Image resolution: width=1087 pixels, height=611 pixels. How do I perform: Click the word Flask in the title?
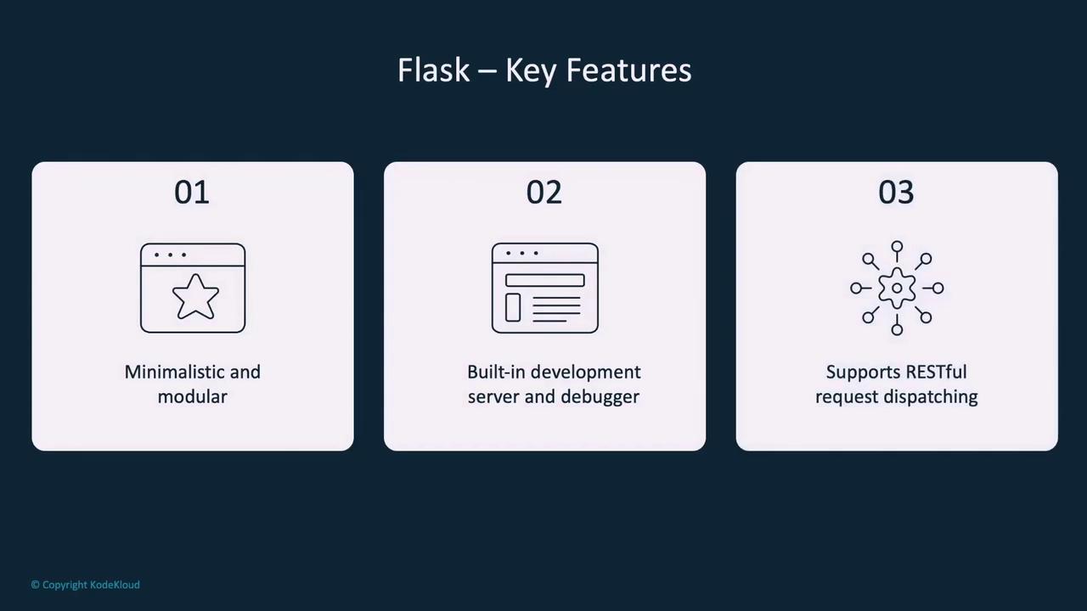tap(433, 70)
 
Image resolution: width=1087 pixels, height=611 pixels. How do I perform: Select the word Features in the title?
tap(628, 70)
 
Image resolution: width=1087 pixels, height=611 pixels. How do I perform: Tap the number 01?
tap(192, 193)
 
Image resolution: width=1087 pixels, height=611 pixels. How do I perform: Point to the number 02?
tap(544, 193)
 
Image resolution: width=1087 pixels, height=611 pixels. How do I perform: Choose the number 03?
tap(896, 193)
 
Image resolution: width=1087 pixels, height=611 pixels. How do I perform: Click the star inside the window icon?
tap(195, 297)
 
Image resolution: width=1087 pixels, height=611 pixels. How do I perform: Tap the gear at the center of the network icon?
tap(897, 288)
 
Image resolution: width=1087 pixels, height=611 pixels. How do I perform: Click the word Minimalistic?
tap(174, 372)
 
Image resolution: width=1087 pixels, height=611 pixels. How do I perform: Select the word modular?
tap(192, 396)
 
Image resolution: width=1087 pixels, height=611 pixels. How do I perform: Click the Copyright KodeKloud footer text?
tap(86, 585)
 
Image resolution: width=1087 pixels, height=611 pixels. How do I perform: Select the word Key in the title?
tap(531, 71)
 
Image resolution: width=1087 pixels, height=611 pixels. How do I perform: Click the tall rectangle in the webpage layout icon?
tap(513, 307)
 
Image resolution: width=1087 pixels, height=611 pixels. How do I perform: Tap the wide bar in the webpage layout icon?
tap(545, 280)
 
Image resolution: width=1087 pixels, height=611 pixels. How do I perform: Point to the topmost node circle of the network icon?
tap(898, 246)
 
